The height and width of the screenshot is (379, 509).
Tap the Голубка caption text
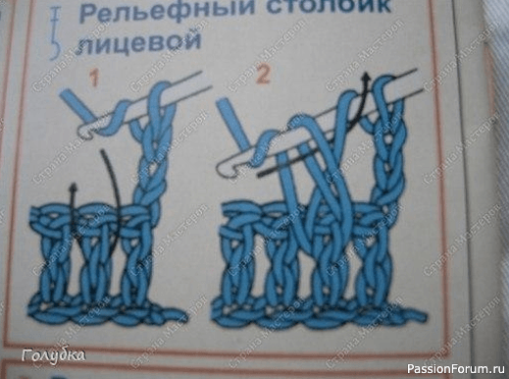tap(53, 354)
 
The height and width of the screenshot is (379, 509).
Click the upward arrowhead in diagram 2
tap(365, 77)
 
